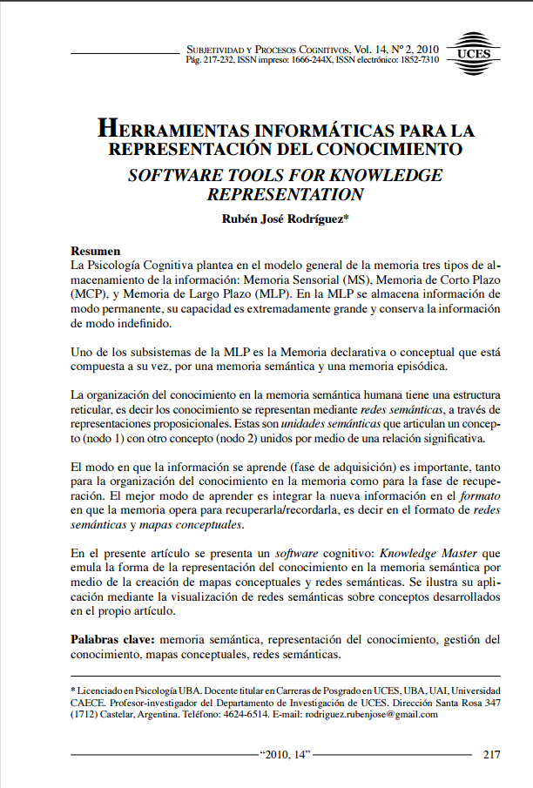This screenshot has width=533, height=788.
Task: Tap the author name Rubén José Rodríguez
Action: click(284, 219)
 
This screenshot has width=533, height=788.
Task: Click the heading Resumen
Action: click(95, 249)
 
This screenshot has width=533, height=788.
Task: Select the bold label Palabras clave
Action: click(111, 639)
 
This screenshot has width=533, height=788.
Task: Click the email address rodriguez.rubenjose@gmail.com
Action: click(369, 714)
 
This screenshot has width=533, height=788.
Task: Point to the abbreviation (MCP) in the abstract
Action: click(89, 293)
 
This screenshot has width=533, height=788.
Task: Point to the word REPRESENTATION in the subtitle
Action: click(284, 195)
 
